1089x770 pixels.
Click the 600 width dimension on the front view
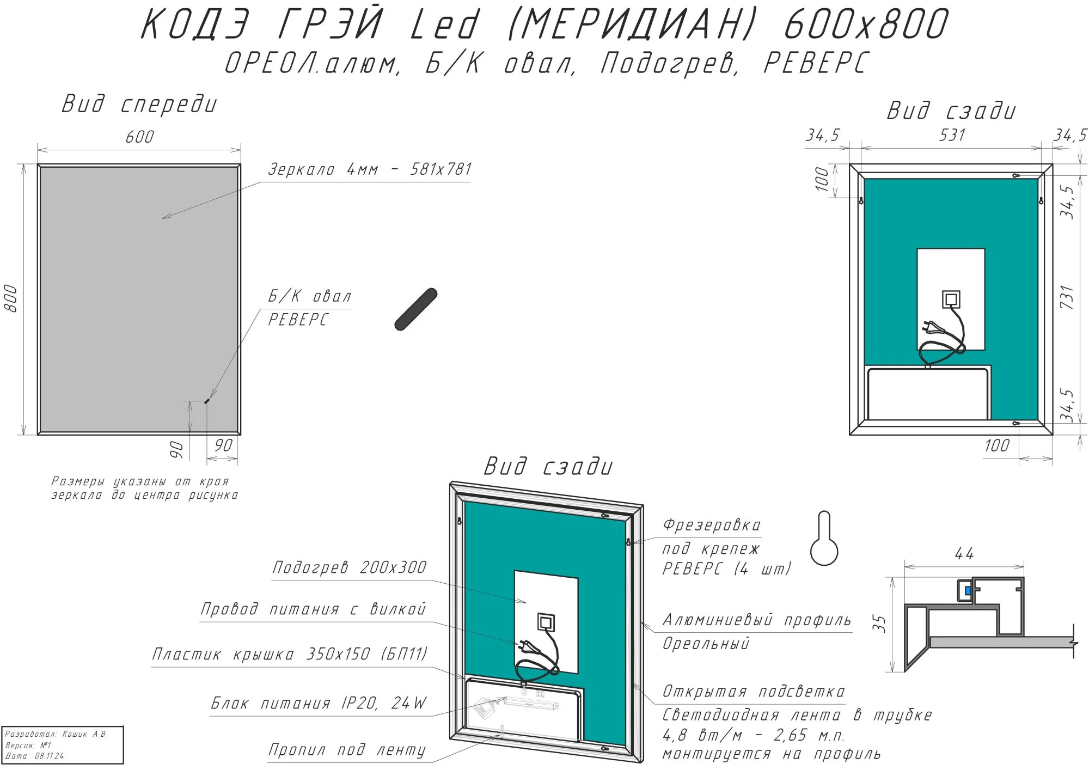coord(139,137)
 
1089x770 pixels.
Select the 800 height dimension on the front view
coord(11,298)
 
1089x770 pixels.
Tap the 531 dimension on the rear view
coord(952,135)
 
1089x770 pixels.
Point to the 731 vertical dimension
coord(1067,297)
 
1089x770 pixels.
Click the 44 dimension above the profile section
coord(964,554)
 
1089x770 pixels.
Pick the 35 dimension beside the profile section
coord(879,624)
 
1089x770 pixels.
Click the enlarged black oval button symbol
coord(415,309)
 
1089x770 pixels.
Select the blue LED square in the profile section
coord(968,590)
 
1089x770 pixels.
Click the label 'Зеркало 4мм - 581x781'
coord(370,169)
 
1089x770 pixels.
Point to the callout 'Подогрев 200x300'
coord(349,567)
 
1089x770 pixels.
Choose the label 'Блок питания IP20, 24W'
coord(319,703)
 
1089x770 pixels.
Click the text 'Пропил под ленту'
coord(347,750)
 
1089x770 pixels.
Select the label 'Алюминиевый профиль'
coord(756,620)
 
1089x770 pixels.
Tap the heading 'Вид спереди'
coord(139,104)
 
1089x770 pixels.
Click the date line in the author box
coord(34,756)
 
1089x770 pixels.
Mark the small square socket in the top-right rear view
coord(951,299)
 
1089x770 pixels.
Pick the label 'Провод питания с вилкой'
coord(313,609)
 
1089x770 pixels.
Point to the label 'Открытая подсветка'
coord(754,692)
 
